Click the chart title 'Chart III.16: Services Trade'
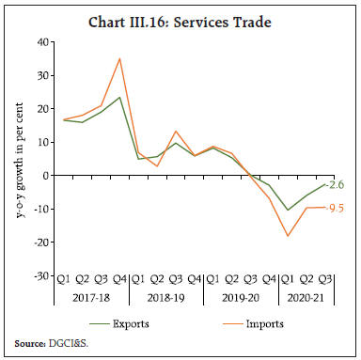pyautogui.click(x=180, y=17)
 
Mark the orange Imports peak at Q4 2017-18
pyautogui.click(x=118, y=59)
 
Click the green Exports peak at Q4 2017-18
pyautogui.click(x=118, y=97)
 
